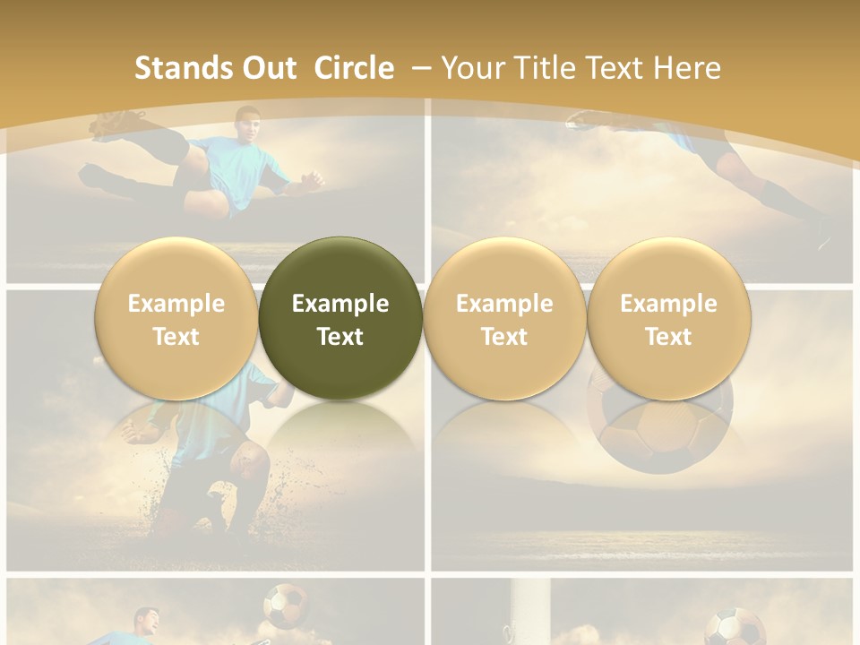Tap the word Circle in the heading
(354, 68)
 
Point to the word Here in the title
(689, 68)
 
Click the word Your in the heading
(471, 68)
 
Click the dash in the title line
(422, 68)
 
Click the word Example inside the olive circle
(340, 304)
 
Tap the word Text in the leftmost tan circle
(176, 337)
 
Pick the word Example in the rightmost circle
(668, 304)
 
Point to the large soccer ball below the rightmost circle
(661, 430)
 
